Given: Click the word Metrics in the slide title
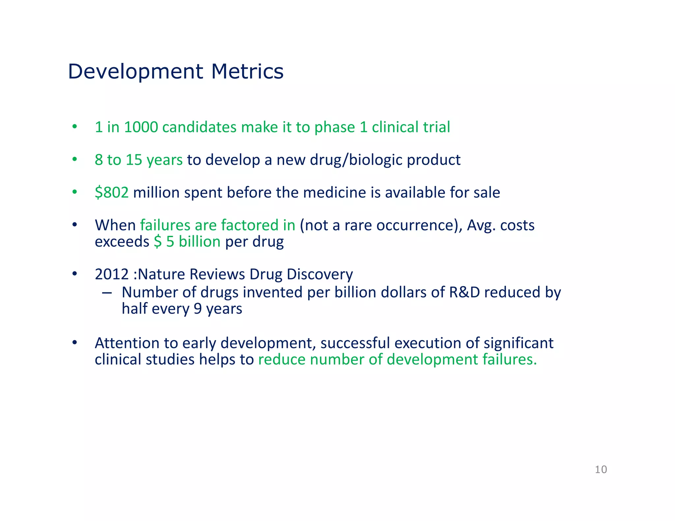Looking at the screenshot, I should [247, 71].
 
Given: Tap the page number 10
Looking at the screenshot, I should [601, 469].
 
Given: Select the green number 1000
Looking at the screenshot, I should [141, 127].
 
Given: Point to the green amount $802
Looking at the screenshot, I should [111, 192].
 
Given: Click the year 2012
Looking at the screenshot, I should [111, 274].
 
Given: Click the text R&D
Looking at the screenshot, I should [464, 292].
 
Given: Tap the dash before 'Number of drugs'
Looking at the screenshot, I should [106, 292].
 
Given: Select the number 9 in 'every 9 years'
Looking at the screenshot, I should [197, 309].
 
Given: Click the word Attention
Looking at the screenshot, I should [127, 343].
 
